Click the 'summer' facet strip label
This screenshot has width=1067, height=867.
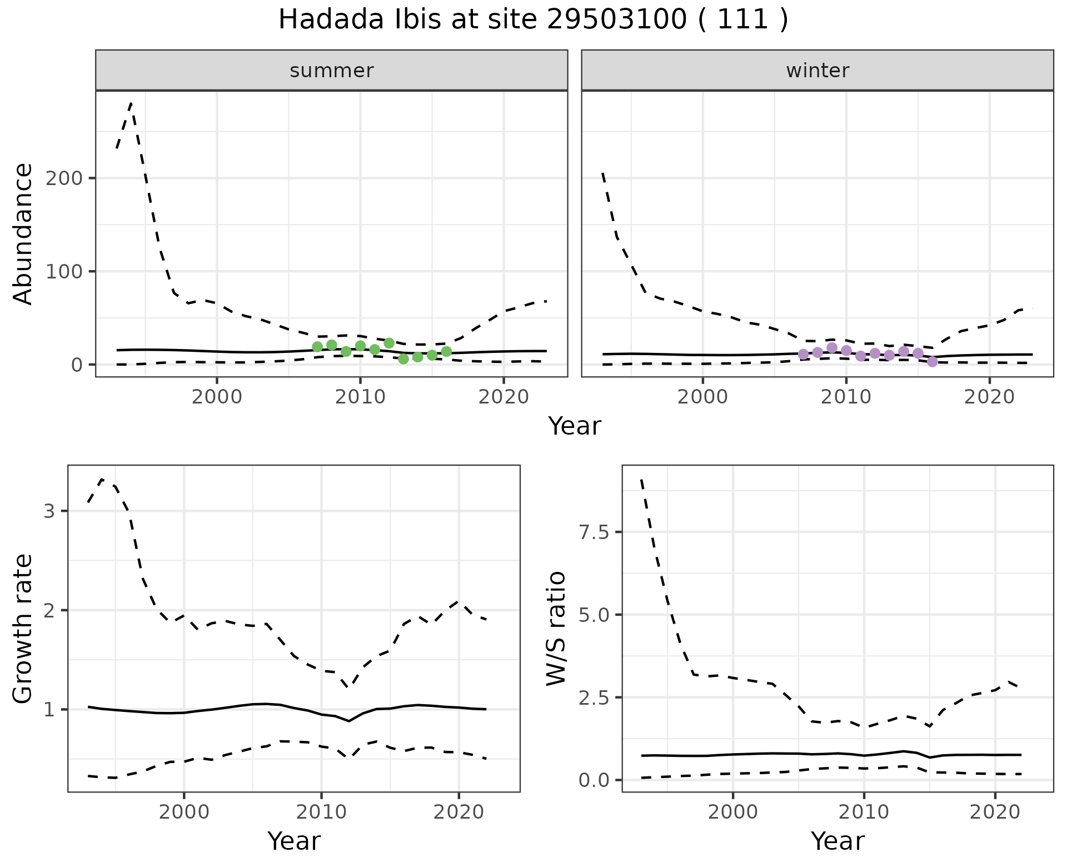pos(332,71)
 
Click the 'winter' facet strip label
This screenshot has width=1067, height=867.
pos(817,71)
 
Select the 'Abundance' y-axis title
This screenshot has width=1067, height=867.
pos(23,234)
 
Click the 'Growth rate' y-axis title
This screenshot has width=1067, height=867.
pos(23,629)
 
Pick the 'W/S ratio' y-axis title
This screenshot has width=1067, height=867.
pos(556,628)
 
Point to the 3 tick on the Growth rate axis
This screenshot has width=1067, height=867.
pos(49,511)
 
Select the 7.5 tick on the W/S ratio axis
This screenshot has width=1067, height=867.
pos(594,532)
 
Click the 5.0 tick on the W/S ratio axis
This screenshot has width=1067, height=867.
pos(594,615)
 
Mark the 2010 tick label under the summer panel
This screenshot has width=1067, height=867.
pos(360,397)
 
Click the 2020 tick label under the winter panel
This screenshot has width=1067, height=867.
pos(989,397)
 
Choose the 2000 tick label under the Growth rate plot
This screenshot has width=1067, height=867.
pos(184,812)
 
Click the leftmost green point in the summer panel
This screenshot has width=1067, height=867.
pos(317,347)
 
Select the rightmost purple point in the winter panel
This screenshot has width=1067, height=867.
pos(933,362)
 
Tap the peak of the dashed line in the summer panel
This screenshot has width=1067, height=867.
pos(131,103)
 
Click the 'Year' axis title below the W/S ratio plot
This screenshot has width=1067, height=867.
pos(837,841)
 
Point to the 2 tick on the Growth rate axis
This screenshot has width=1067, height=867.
pos(49,610)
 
